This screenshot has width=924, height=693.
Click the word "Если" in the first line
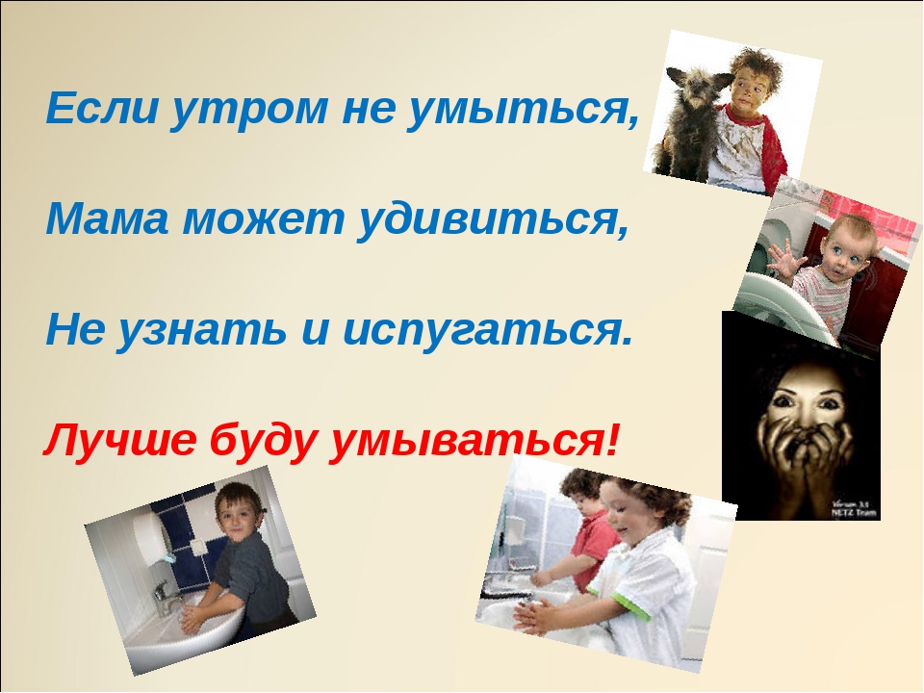[x=102, y=108]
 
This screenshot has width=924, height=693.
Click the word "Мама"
[x=107, y=218]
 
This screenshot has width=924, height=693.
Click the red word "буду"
[x=262, y=442]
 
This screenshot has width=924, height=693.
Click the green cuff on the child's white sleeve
[x=630, y=606]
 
